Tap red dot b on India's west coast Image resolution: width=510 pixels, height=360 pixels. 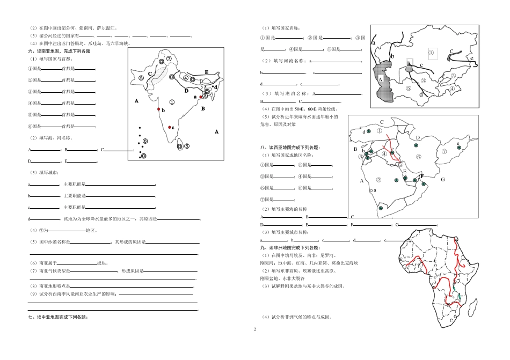[158, 109]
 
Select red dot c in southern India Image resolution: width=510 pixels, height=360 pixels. [170, 127]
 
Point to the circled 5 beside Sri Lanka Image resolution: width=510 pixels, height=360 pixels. [186, 146]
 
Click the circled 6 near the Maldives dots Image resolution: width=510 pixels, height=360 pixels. [145, 141]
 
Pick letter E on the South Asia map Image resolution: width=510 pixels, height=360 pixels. [206, 72]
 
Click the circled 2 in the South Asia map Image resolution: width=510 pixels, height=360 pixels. [141, 77]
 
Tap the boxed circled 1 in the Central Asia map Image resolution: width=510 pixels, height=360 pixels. [431, 53]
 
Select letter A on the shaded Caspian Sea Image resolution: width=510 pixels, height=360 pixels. [380, 78]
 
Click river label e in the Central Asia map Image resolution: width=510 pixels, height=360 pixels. [472, 58]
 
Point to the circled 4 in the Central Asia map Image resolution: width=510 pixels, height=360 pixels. [452, 89]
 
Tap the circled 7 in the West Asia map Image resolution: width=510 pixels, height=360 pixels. [444, 151]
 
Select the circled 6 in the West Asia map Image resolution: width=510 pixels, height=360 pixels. [418, 156]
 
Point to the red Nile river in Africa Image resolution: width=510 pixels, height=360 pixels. [456, 252]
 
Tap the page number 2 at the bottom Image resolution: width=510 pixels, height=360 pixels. [255, 328]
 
